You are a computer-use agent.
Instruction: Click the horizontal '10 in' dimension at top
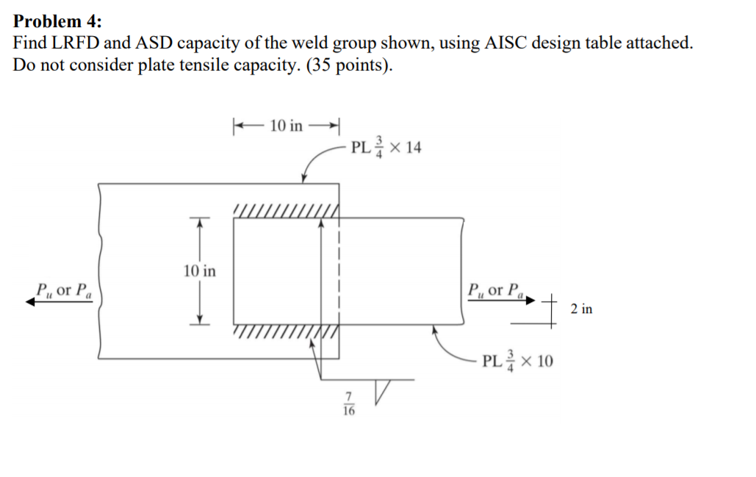[285, 126]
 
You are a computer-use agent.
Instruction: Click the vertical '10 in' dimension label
[199, 271]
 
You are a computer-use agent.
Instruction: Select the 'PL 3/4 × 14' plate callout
[386, 147]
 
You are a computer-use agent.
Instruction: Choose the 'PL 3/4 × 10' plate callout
[518, 361]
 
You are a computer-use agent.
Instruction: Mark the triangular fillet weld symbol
[384, 390]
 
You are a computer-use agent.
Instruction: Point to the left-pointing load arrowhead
[32, 301]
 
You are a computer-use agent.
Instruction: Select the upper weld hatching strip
[285, 212]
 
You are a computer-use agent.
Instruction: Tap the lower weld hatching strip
[285, 331]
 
